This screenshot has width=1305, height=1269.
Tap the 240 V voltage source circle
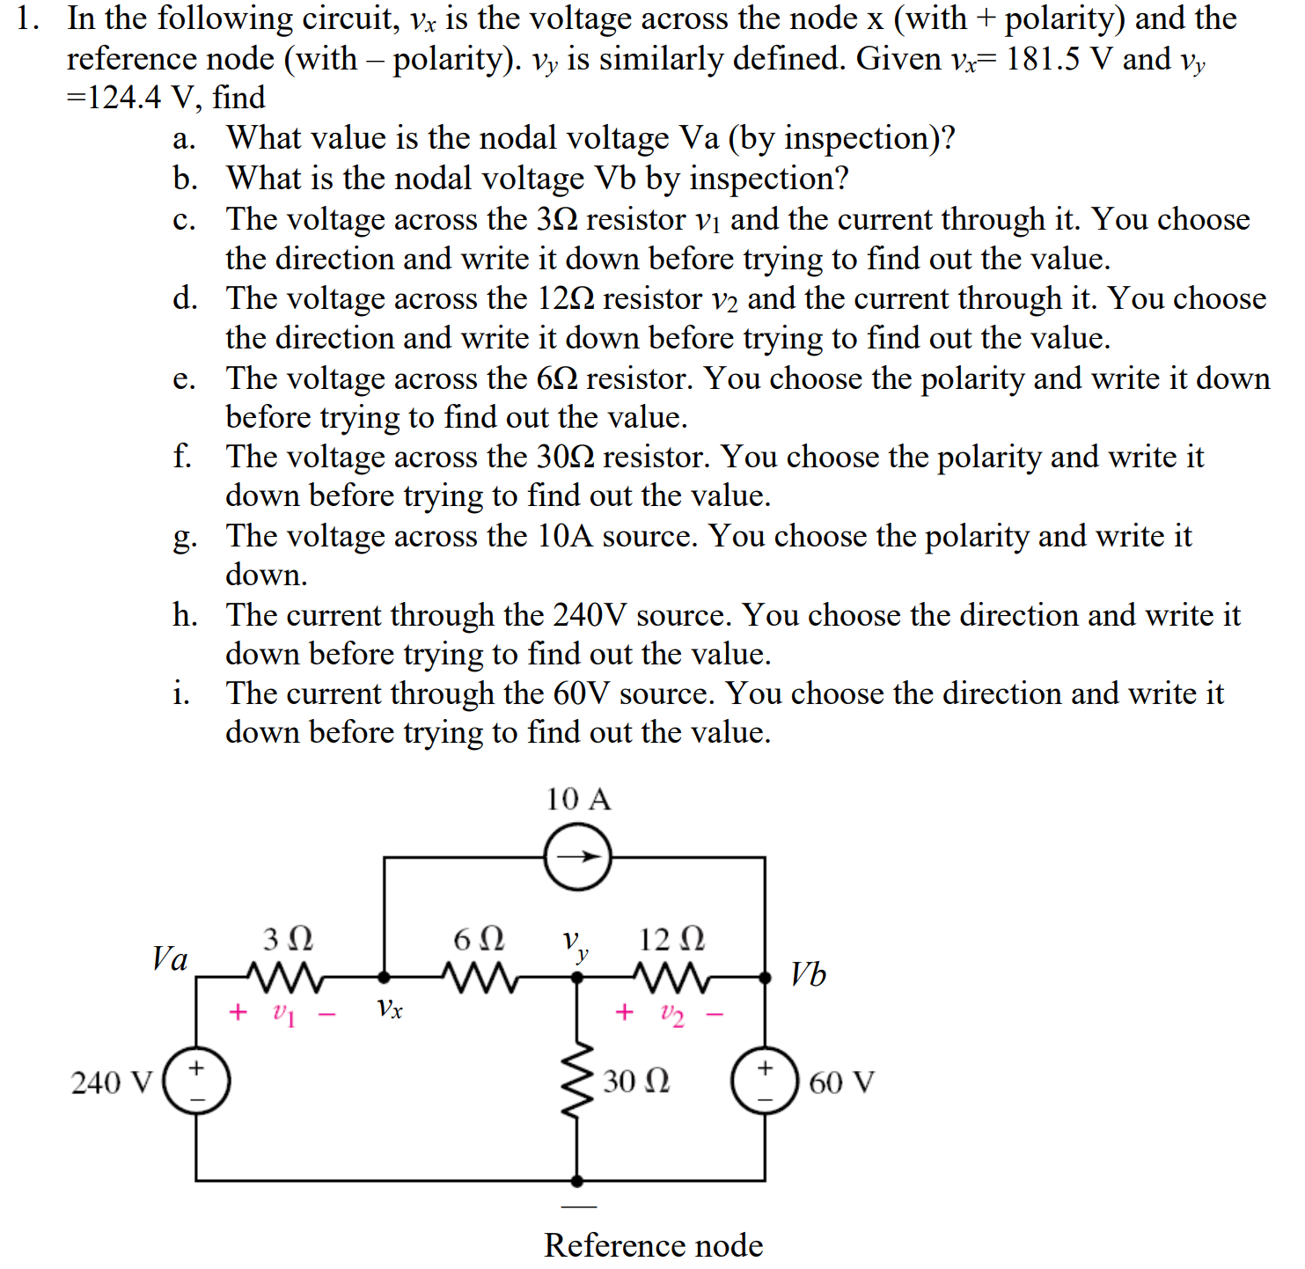pyautogui.click(x=196, y=1081)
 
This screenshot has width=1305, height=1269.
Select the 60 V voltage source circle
pyautogui.click(x=765, y=1081)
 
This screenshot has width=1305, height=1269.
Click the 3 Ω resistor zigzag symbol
pyautogui.click(x=285, y=976)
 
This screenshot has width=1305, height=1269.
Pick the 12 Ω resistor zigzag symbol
pyautogui.click(x=671, y=976)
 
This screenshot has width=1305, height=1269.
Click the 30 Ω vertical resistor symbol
pyautogui.click(x=577, y=1081)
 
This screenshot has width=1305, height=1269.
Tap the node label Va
pyautogui.click(x=170, y=958)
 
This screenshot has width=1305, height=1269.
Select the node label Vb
pyautogui.click(x=808, y=974)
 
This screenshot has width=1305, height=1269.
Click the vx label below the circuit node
pyautogui.click(x=389, y=1009)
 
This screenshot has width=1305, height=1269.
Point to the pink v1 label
pyautogui.click(x=283, y=1015)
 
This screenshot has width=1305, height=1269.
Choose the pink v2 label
pyautogui.click(x=671, y=1015)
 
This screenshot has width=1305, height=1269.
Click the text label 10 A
pyautogui.click(x=577, y=799)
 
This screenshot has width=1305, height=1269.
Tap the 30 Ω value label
pyautogui.click(x=635, y=1081)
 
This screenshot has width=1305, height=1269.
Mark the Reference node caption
pyautogui.click(x=653, y=1245)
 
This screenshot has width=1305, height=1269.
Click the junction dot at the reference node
pyautogui.click(x=577, y=1180)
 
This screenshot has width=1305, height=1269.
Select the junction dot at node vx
pyautogui.click(x=384, y=976)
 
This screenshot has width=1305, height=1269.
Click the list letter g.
pyautogui.click(x=184, y=537)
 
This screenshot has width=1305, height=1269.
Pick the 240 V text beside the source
pyautogui.click(x=112, y=1082)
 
